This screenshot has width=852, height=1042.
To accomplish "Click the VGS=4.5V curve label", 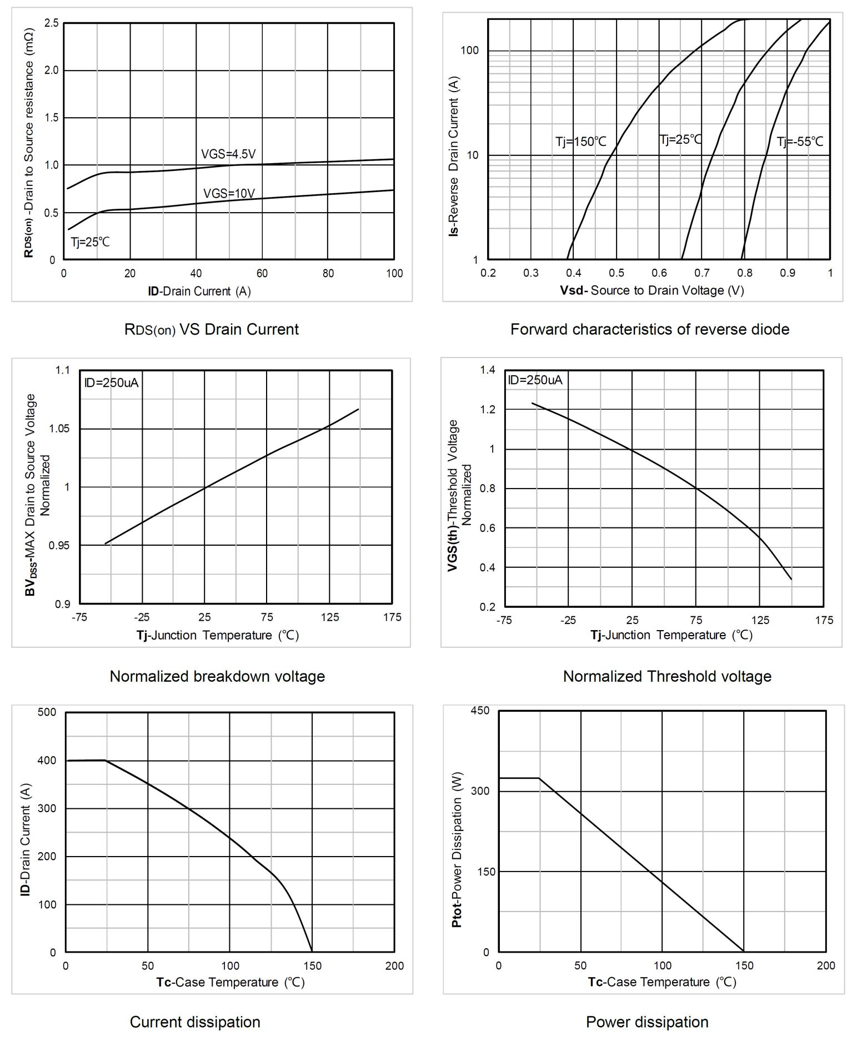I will pyautogui.click(x=228, y=154).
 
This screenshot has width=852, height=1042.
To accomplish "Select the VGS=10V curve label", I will pyautogui.click(x=229, y=193).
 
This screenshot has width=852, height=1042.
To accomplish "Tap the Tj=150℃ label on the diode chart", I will pyautogui.click(x=581, y=142).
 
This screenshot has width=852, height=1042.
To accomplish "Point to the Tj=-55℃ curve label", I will pyautogui.click(x=800, y=142).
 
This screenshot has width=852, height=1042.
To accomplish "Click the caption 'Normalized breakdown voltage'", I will pyautogui.click(x=217, y=676).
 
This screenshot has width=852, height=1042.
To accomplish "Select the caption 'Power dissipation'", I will pyautogui.click(x=647, y=1022).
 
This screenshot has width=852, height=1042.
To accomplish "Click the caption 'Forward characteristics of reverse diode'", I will pyautogui.click(x=650, y=329).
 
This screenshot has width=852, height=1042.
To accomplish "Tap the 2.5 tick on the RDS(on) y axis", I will pyautogui.click(x=52, y=23).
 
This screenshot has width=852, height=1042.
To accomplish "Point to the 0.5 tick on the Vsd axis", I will pyautogui.click(x=617, y=273).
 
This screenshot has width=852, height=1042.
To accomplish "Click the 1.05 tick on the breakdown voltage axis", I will pyautogui.click(x=59, y=429).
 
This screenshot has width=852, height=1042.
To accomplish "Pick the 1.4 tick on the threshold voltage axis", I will pyautogui.click(x=488, y=370).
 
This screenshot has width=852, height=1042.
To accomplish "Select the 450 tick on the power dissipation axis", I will pyautogui.click(x=480, y=711).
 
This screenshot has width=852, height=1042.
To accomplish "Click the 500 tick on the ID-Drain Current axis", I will pyautogui.click(x=47, y=712).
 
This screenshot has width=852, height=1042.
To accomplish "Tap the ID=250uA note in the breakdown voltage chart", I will pyautogui.click(x=111, y=382).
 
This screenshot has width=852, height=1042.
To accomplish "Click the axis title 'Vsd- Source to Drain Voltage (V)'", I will pyautogui.click(x=651, y=290).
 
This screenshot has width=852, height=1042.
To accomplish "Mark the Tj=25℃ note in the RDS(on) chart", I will pyautogui.click(x=90, y=242).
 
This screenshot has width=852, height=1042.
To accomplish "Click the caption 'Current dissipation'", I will pyautogui.click(x=195, y=1022).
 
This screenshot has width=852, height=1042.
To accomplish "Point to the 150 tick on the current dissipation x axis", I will pyautogui.click(x=312, y=966).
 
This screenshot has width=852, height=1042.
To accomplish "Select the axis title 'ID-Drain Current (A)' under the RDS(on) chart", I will pyautogui.click(x=199, y=291).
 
